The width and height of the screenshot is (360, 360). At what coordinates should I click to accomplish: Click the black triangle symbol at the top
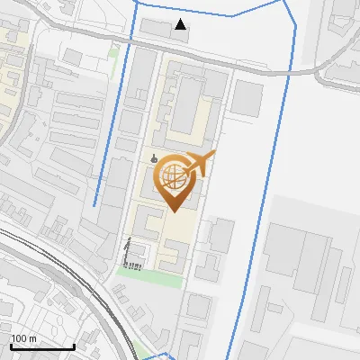182,24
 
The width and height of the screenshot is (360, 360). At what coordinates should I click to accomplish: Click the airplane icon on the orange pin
201,165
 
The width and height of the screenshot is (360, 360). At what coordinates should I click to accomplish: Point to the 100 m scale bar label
23,338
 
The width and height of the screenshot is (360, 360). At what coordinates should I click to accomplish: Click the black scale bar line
41,346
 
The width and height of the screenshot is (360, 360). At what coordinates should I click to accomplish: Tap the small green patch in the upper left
113,52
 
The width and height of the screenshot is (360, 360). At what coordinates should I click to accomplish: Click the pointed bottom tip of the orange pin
173,211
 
